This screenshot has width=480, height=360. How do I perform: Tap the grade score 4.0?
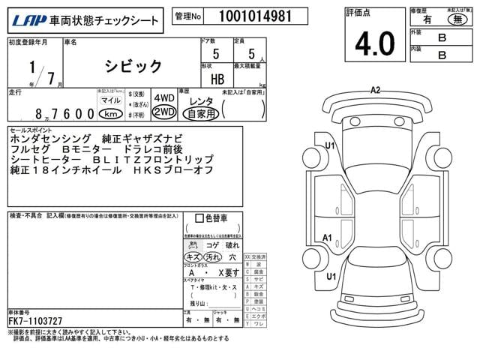[375, 44]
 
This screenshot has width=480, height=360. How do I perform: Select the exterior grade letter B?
[442, 37]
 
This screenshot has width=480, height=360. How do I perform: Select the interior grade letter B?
[442, 55]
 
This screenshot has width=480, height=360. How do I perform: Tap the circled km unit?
[111, 113]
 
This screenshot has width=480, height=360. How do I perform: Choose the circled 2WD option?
[163, 112]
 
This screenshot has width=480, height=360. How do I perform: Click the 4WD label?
[163, 98]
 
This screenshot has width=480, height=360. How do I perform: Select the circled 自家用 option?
[201, 114]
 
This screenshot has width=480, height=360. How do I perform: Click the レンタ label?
[200, 100]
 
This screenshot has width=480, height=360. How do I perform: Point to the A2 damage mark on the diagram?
[376, 90]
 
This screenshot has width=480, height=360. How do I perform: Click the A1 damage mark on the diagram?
[327, 238]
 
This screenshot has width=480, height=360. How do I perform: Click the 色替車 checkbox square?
[199, 218]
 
